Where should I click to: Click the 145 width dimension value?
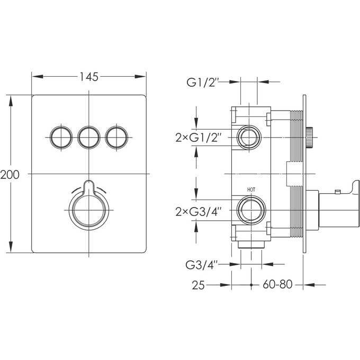89,77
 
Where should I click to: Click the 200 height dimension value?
10,175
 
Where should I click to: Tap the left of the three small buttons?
60,137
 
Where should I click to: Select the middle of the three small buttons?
88,137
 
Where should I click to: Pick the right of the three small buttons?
116,137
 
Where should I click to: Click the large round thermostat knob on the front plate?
89,211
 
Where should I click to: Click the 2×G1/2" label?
199,138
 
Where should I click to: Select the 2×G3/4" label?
199,211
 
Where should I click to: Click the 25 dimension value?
199,285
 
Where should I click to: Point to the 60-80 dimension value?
277,285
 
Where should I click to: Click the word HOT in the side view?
251,190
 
